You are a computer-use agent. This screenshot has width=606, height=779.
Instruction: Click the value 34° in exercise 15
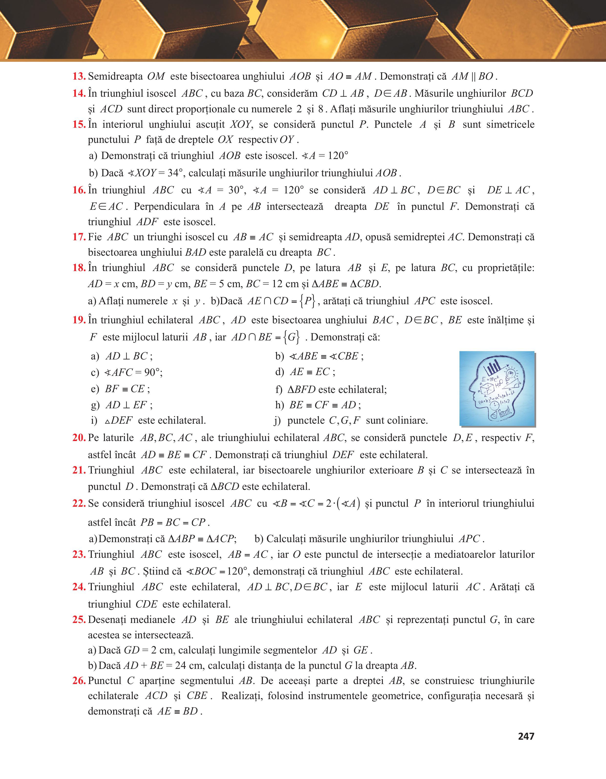click(x=175, y=173)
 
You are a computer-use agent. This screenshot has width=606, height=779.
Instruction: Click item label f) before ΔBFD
click(x=279, y=389)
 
